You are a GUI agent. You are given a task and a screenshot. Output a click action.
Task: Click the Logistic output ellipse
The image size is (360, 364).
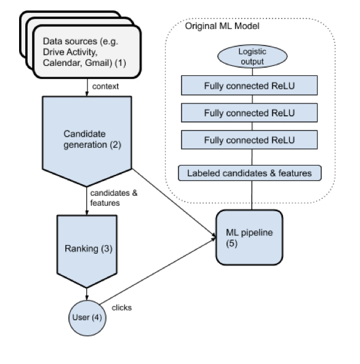[x=252, y=57]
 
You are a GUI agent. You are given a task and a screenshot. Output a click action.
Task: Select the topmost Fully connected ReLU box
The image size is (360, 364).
[x=249, y=85]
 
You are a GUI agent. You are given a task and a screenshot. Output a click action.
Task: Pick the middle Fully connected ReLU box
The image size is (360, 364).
[x=249, y=113]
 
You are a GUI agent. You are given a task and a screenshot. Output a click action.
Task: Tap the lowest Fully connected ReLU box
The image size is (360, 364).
[x=249, y=140]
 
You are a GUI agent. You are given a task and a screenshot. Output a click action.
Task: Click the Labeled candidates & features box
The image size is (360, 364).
[x=250, y=173]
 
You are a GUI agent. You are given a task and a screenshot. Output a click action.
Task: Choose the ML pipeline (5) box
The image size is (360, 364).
[x=249, y=237]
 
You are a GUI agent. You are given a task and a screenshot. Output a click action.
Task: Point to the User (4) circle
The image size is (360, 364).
[x=87, y=318]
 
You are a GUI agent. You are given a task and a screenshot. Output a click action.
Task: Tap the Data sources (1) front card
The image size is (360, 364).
[x=87, y=52]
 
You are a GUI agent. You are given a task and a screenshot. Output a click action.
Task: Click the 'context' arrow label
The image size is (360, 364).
[x=105, y=86]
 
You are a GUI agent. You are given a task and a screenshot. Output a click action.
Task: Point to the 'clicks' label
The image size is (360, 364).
[x=122, y=308]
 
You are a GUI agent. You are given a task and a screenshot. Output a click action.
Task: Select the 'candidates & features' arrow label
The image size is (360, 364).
[x=114, y=198]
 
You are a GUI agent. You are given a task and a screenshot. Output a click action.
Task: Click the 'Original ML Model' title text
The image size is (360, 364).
[x=222, y=26]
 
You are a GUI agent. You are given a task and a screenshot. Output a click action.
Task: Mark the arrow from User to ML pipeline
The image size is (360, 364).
[x=158, y=271]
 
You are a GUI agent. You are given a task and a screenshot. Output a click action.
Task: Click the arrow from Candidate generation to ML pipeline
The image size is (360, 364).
[x=174, y=203]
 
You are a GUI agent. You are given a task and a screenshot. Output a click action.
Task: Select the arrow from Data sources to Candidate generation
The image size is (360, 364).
[x=87, y=87]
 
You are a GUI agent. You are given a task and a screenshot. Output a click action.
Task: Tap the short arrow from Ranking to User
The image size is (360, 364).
[x=87, y=294]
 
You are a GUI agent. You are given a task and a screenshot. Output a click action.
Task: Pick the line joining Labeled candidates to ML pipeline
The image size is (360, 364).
[x=252, y=195]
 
